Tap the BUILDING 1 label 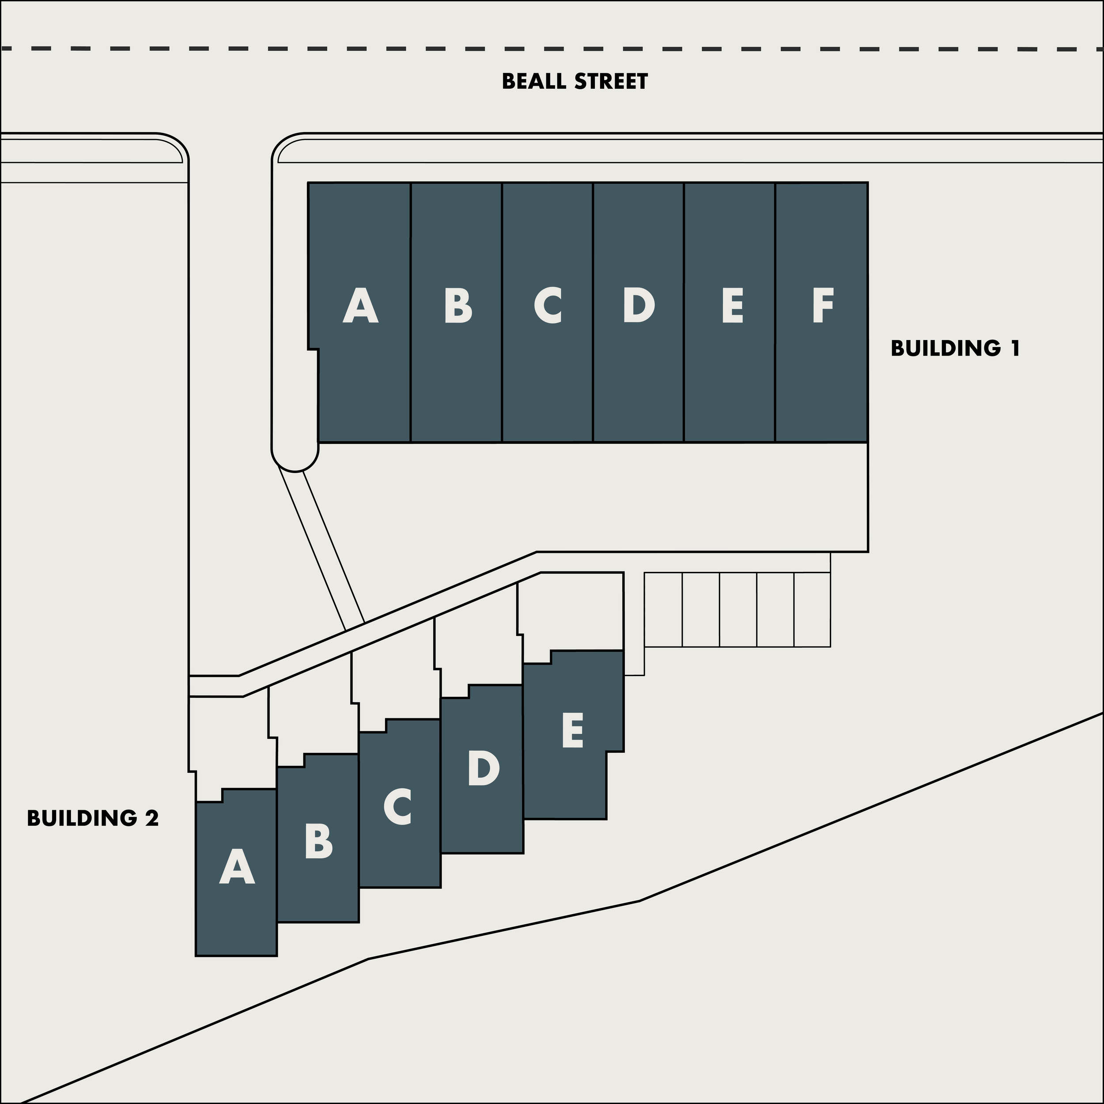tap(955, 348)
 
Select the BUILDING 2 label tap(93, 818)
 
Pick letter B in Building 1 tap(457, 306)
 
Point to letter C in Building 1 tap(548, 306)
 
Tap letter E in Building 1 tap(732, 306)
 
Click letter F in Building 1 tap(823, 306)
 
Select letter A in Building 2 tap(237, 866)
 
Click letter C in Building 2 tap(398, 807)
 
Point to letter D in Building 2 tap(484, 768)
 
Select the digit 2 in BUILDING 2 tap(151, 818)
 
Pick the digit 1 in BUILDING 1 tap(1015, 348)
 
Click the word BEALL tap(535, 82)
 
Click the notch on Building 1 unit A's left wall tap(313, 349)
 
